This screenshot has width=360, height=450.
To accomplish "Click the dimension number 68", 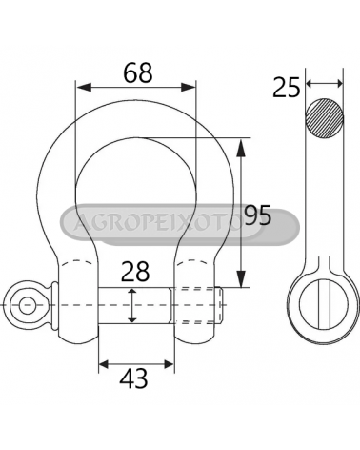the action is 138,72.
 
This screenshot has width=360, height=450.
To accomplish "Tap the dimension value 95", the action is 258,215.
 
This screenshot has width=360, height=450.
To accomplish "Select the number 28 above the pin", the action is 135,272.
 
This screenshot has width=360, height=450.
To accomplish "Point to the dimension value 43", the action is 133,378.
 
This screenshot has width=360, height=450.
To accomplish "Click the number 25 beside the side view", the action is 287,87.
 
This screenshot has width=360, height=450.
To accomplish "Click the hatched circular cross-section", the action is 324,118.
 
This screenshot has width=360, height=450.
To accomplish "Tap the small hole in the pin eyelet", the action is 27,305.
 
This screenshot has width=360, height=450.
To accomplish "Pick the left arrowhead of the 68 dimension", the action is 84,87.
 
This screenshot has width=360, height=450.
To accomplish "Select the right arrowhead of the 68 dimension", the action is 189,87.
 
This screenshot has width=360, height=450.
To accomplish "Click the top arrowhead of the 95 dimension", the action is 241,148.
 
